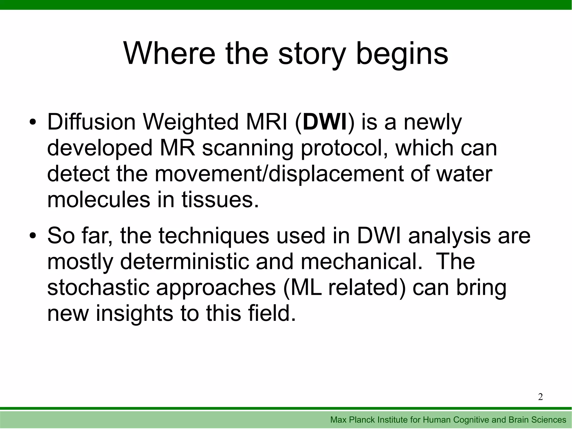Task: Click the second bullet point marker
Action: pos(33,236)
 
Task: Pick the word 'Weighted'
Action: pos(191,123)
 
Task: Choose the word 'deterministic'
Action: pos(184,262)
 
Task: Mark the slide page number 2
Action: pos(540,397)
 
